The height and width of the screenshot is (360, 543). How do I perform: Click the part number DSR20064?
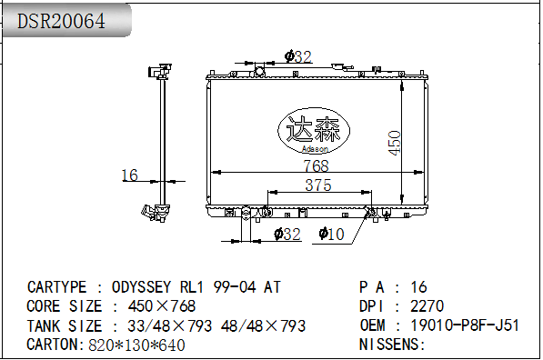click(61, 21)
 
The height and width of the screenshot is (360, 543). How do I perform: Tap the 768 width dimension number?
click(316, 165)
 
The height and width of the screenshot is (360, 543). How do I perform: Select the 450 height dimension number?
click(395, 143)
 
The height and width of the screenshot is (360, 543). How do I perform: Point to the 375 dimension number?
click(318, 185)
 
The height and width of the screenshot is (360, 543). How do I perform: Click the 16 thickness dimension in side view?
click(129, 175)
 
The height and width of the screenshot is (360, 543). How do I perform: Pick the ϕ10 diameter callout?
click(331, 234)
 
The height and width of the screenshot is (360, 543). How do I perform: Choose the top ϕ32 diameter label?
click(298, 56)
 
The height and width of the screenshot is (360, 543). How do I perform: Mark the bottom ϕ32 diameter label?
click(287, 235)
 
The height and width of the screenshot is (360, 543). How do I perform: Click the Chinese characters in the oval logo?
click(314, 128)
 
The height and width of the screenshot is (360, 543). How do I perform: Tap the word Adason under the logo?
click(315, 149)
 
